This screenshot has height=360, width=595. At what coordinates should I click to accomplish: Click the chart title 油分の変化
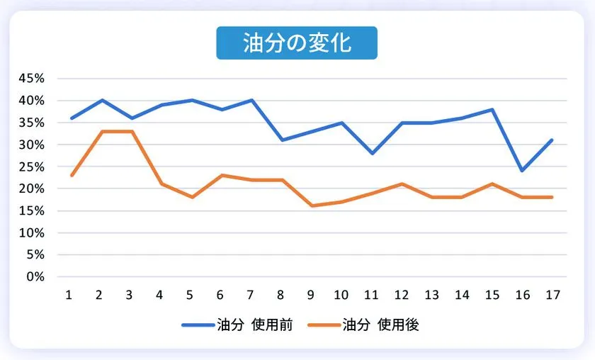pyautogui.click(x=297, y=43)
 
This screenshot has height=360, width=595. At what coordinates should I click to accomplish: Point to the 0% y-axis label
pyautogui.click(x=36, y=276)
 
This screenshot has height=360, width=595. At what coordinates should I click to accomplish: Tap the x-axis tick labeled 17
pyautogui.click(x=552, y=295)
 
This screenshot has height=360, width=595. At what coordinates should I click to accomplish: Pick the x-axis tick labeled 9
pyautogui.click(x=312, y=295)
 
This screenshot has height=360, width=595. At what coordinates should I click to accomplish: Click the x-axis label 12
pyautogui.click(x=402, y=295)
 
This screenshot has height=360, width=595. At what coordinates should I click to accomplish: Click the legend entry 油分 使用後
pyautogui.click(x=366, y=325)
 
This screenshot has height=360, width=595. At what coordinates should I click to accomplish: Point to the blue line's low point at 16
pyautogui.click(x=522, y=171)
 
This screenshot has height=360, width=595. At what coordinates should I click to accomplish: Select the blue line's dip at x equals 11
pyautogui.click(x=372, y=153)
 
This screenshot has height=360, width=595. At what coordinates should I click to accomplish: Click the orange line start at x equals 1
pyautogui.click(x=72, y=175)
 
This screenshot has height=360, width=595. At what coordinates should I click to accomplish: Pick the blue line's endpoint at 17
pyautogui.click(x=552, y=140)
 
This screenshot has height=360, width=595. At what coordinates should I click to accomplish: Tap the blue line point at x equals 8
pyautogui.click(x=282, y=140)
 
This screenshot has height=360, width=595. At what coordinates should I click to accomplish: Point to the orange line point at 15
pyautogui.click(x=492, y=184)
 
